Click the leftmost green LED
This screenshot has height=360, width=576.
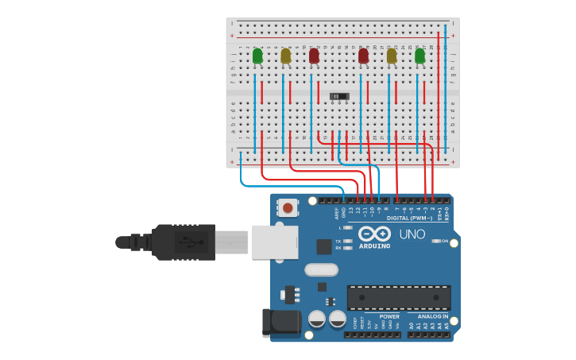coord(257,56)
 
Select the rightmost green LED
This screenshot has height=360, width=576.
coord(419,56)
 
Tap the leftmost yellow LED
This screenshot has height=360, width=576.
coord(286,56)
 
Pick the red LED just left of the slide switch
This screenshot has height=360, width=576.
coord(314,56)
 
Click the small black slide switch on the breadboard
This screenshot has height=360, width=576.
coord(339,96)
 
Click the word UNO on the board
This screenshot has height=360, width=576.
coord(412,234)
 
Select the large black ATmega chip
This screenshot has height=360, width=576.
coord(399,297)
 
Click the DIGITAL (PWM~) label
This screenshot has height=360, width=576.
coord(409,218)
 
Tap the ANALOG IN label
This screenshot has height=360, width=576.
coord(434,316)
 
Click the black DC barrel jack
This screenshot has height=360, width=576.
coord(282,322)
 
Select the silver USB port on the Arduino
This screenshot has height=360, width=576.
coord(275,242)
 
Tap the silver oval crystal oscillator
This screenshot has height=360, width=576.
coord(322,269)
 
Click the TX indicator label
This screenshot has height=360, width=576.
coord(338,241)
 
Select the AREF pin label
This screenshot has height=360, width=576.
coord(336,213)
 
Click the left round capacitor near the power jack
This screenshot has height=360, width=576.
coord(316,319)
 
